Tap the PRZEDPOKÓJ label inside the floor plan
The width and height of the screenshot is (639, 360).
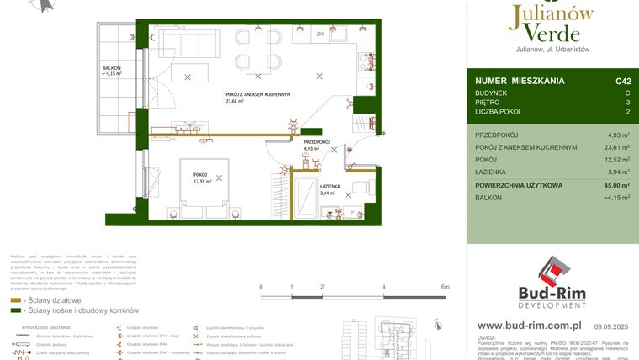(x=316, y=142)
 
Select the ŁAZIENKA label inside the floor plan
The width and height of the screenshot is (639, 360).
(x=329, y=186)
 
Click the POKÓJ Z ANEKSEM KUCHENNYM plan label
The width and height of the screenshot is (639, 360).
(x=257, y=94)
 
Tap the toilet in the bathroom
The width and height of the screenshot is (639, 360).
(x=359, y=187)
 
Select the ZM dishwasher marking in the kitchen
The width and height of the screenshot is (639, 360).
(x=320, y=34)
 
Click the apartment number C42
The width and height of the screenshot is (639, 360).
(x=622, y=81)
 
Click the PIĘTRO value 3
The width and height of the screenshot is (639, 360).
(x=627, y=102)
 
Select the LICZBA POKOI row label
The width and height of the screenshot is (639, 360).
(x=498, y=112)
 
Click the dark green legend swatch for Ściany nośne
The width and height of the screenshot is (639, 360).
(x=15, y=310)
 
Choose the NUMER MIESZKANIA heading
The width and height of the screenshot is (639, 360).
(x=519, y=81)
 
